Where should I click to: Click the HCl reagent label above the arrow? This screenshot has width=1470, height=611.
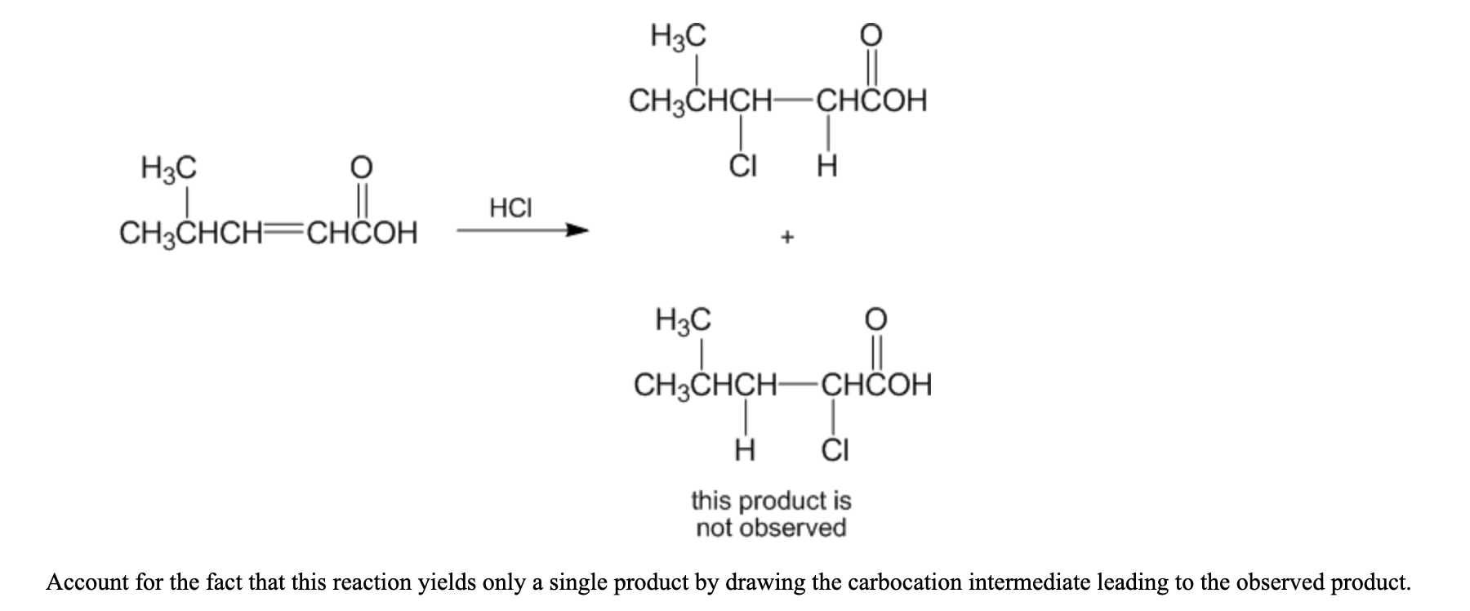point(510,207)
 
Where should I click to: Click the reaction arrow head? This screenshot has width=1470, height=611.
point(577,231)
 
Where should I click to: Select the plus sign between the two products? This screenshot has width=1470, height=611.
point(786,238)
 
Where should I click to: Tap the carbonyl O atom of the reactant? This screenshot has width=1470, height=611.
point(362,167)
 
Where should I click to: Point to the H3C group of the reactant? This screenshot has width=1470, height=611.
point(169,169)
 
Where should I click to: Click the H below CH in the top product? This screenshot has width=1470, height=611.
point(827,167)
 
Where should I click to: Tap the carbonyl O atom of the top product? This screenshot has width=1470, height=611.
point(872,34)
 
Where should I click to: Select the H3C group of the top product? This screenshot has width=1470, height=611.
point(679,37)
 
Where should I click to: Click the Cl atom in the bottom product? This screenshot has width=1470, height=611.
point(835,449)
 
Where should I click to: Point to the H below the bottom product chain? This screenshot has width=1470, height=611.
point(745,449)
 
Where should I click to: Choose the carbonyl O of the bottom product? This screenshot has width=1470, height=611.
point(875,317)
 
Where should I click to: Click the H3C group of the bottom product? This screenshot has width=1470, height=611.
point(684,319)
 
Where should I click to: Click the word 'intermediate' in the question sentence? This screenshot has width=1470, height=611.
point(1032,582)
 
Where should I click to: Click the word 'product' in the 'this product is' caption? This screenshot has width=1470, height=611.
point(769,501)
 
